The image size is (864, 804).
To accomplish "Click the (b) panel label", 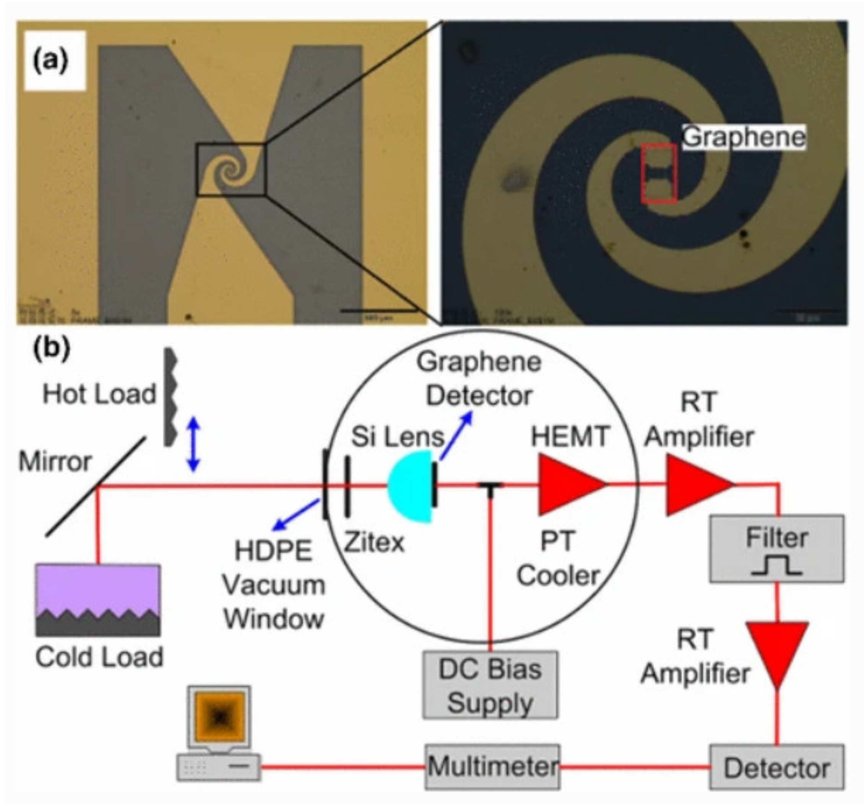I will click(x=51, y=349).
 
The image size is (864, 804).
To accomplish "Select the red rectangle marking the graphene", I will click(x=659, y=174).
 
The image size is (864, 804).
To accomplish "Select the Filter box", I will click(x=777, y=549).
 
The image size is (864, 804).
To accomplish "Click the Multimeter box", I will click(x=492, y=767).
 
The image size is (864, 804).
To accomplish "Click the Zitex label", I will click(x=374, y=542).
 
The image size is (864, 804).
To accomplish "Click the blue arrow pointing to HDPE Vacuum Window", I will click(x=296, y=515).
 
